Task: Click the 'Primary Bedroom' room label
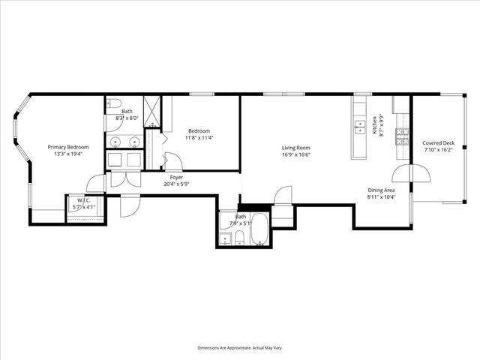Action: [68, 147]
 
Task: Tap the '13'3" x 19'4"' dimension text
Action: [68, 154]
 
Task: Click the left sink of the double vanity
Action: [115, 141]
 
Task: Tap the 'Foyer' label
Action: [175, 177]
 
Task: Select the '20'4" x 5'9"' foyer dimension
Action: [175, 184]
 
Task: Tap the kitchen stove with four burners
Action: [403, 137]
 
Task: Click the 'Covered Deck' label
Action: [439, 142]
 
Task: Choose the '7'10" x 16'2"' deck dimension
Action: [439, 150]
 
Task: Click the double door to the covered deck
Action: [412, 174]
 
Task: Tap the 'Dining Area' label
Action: [381, 190]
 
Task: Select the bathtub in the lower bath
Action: [259, 229]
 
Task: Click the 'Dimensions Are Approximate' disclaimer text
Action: [239, 348]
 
